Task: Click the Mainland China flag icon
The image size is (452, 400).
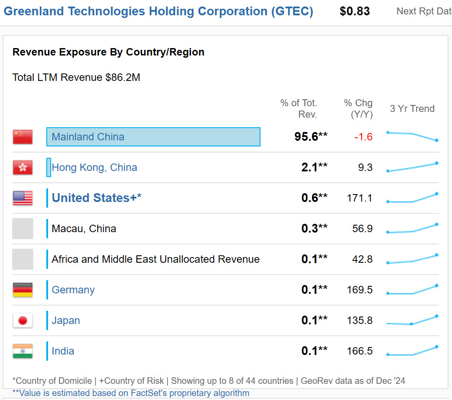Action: (23, 137)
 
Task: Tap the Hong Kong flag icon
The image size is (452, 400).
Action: (23, 167)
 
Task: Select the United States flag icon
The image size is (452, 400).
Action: (23, 198)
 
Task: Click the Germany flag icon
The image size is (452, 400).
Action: (23, 290)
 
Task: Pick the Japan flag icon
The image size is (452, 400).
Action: (23, 320)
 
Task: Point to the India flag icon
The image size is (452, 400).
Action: (23, 351)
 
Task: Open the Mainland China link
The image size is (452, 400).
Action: (88, 137)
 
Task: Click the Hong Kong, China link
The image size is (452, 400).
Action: (94, 167)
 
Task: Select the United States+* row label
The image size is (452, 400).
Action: (97, 198)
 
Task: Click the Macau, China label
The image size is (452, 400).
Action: (84, 229)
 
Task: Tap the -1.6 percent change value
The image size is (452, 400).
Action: (363, 137)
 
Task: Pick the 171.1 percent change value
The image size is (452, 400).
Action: (359, 198)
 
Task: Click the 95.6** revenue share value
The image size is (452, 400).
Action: (311, 137)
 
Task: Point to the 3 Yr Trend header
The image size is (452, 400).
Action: (412, 108)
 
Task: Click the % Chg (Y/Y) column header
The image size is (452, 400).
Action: (358, 108)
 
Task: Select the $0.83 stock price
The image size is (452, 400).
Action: (355, 11)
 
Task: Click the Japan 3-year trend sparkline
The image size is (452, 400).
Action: (412, 320)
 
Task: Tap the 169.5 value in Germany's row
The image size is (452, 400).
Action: (359, 290)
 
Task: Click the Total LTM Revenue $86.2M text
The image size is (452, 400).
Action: (76, 77)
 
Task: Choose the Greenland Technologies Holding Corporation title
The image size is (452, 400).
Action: (158, 11)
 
